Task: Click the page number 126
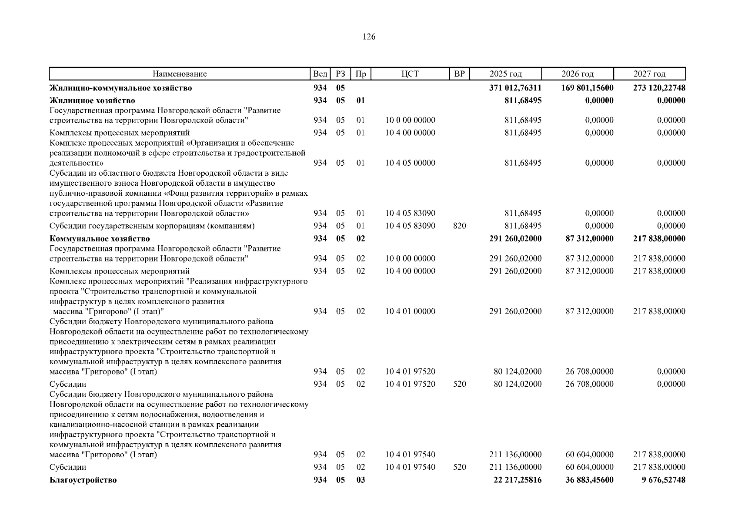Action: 369,37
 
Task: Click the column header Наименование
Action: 179,74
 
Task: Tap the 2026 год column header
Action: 577,74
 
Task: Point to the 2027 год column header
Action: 649,74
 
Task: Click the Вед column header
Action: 320,74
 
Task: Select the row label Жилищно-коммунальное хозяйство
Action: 121,88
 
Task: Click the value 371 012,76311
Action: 515,88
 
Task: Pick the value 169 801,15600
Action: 588,88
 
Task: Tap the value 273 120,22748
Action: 659,88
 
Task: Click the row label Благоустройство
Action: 83,480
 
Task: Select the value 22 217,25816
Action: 518,480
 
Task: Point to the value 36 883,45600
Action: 590,480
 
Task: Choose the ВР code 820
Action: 459,226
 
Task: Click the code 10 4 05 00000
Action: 410,163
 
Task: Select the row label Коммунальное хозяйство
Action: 100,239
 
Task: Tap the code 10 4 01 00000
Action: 410,311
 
